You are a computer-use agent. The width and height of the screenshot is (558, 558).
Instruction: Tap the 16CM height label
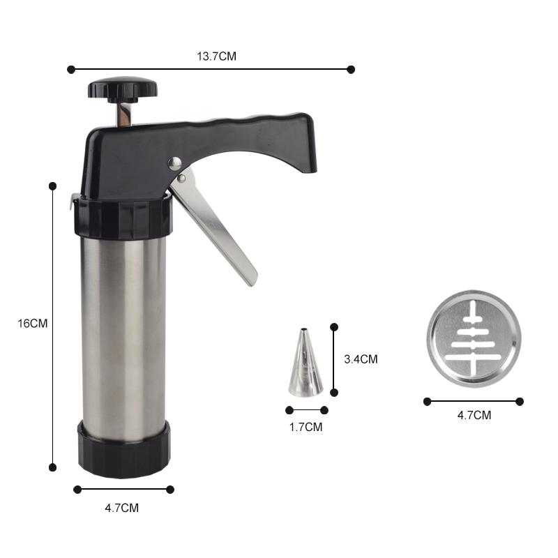click(x=33, y=324)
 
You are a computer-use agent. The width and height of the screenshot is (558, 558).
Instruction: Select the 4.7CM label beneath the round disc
click(x=474, y=415)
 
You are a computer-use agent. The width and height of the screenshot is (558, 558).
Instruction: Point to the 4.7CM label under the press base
click(x=121, y=508)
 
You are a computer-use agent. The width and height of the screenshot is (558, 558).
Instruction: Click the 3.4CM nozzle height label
click(x=361, y=359)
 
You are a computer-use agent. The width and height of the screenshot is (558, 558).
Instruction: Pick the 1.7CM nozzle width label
click(x=306, y=427)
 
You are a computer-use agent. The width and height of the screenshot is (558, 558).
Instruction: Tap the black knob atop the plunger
click(x=122, y=89)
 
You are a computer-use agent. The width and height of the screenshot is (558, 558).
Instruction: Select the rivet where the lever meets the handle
click(x=174, y=163)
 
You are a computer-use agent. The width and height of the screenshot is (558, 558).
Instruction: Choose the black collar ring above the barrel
click(x=122, y=218)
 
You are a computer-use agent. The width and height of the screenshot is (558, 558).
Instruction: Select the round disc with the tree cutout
click(x=474, y=339)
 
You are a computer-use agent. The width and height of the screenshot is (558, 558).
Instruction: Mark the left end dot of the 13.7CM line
click(x=70, y=69)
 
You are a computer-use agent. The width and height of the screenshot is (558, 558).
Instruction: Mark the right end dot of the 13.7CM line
click(x=351, y=69)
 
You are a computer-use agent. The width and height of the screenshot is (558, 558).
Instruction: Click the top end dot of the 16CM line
click(x=52, y=186)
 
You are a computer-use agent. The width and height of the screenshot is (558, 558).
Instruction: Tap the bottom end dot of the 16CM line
click(x=52, y=467)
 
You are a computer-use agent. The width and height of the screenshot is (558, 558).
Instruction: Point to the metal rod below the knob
click(x=123, y=114)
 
